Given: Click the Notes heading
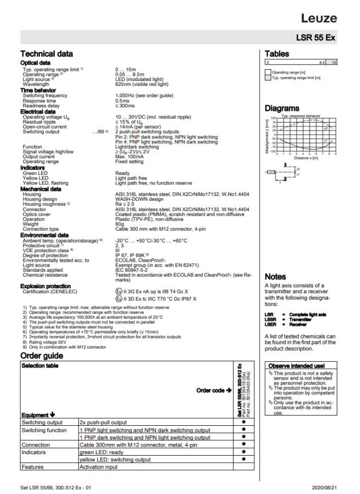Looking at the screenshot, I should pos(275,277).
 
